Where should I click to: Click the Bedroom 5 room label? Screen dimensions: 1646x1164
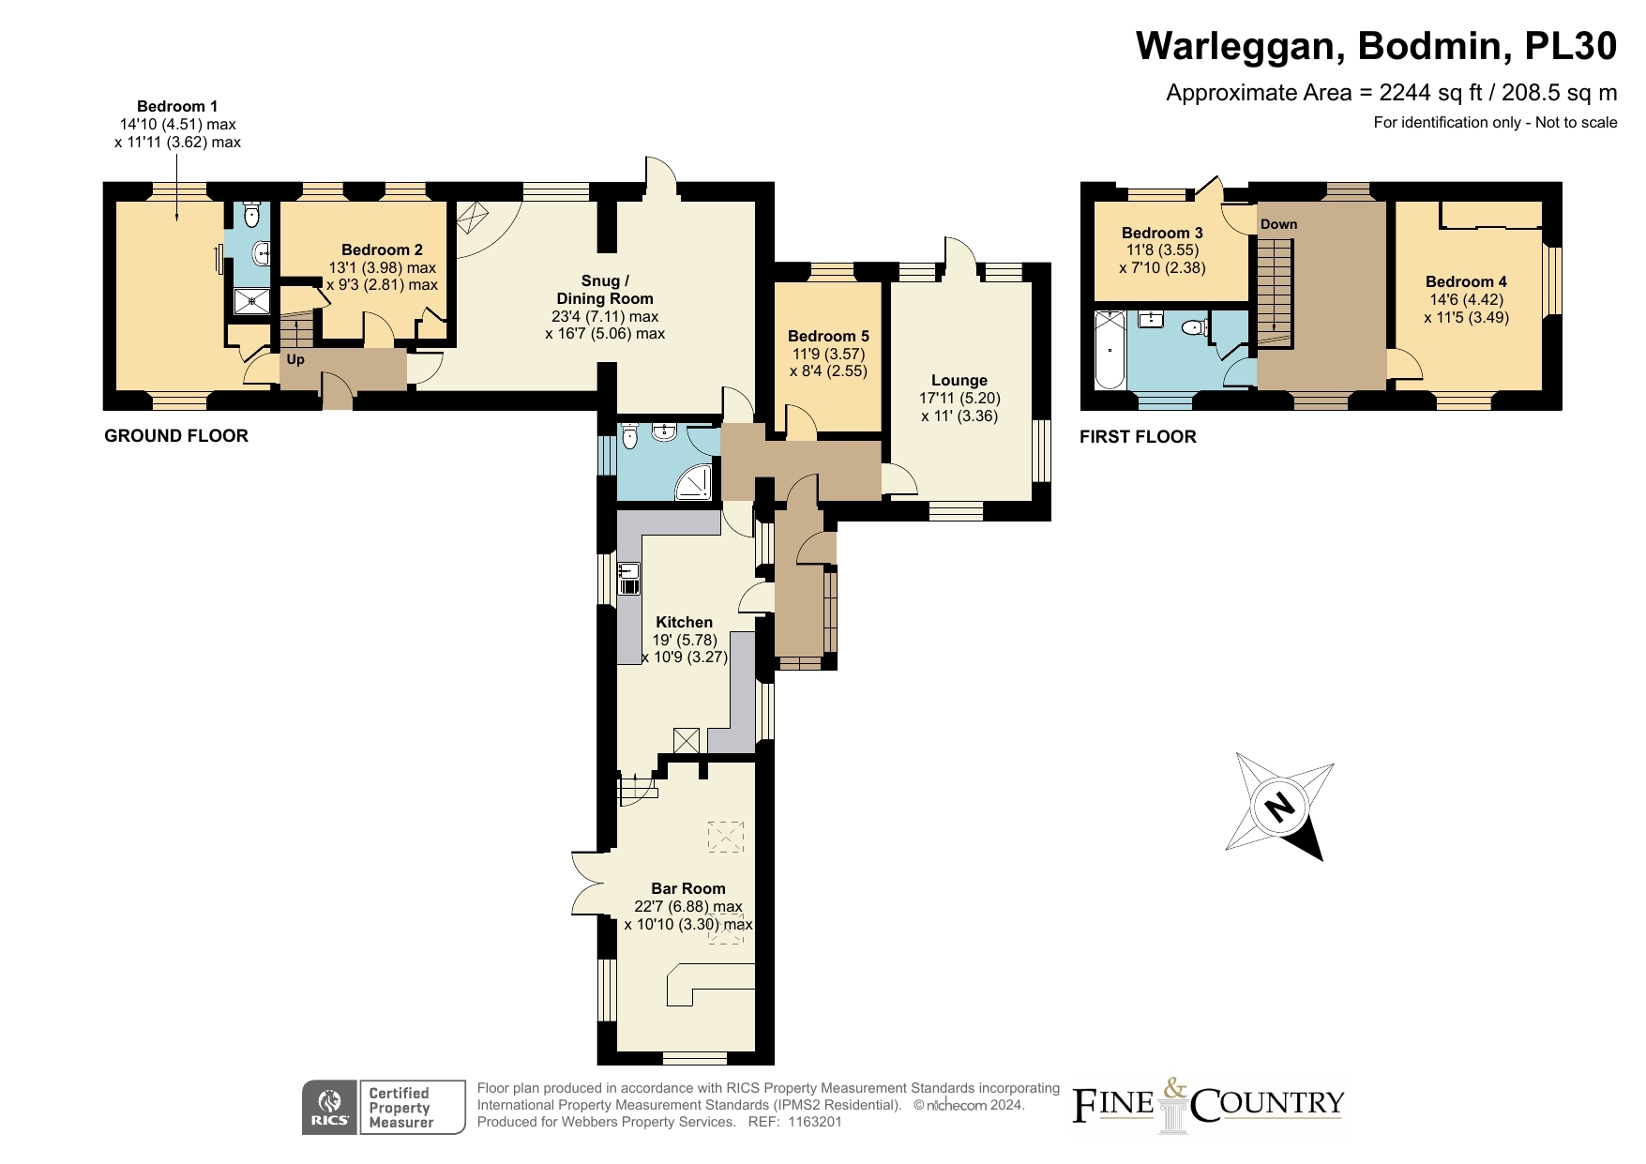coord(828,336)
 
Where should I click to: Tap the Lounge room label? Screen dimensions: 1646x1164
coord(959,380)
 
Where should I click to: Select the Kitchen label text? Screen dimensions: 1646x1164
coord(684,622)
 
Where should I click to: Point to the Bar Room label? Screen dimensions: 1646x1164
coord(688,888)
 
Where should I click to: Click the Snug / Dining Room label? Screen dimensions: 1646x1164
coord(605,289)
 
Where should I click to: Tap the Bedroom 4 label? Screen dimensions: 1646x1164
coord(1466,281)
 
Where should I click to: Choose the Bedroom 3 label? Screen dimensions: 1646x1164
coord(1162,233)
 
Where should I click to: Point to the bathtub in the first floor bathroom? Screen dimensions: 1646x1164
coord(1110,349)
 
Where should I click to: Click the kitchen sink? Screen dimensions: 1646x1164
coord(629,578)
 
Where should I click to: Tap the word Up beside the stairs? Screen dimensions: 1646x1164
coord(295,359)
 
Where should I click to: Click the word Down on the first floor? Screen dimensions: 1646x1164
coord(1278,224)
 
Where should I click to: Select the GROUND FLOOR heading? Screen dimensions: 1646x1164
coord(176,435)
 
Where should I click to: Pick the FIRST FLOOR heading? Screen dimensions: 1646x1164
coord(1138,436)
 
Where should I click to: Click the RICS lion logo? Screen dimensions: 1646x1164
coord(330,1108)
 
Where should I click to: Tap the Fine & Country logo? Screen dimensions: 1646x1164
coord(1208,1104)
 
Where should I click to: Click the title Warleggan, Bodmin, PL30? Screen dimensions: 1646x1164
coord(1377,45)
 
